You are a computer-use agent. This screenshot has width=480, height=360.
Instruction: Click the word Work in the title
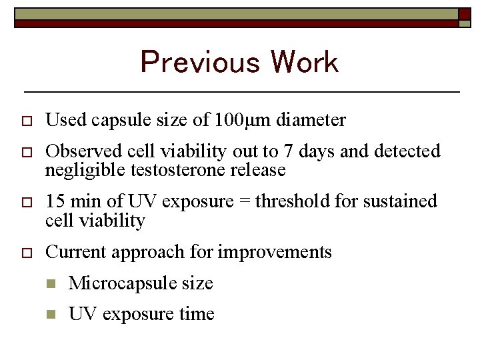(x=305, y=63)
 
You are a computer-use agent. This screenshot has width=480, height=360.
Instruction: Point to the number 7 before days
(x=288, y=152)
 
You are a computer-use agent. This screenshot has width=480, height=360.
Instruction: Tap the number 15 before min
(x=55, y=201)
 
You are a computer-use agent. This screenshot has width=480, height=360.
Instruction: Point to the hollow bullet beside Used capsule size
(x=27, y=121)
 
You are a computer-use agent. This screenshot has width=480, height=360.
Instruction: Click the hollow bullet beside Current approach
(x=27, y=253)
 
